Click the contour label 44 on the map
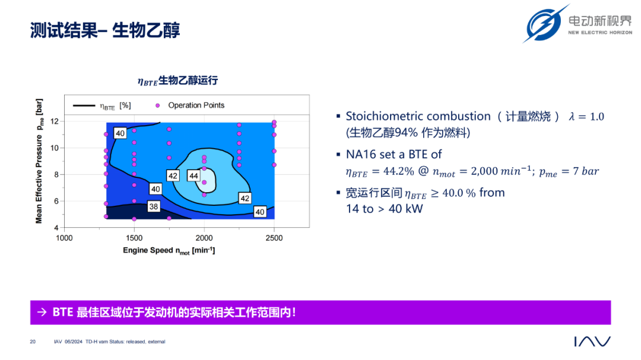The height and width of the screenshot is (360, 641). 193,176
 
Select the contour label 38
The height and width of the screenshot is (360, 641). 154,206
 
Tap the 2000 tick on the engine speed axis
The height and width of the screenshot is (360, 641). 204,238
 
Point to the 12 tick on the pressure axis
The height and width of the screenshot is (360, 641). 55,122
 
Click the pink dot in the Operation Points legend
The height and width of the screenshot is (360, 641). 157,106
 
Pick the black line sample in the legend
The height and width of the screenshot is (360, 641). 84,106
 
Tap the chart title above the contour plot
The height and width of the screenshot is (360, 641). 178,81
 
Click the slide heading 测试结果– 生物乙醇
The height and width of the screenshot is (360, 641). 105,30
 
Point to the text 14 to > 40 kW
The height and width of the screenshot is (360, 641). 384,209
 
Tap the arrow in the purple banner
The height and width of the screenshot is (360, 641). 42,312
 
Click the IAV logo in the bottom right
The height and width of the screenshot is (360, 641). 592,341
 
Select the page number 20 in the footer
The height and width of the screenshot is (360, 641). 33,342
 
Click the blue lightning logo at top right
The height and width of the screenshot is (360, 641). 545,23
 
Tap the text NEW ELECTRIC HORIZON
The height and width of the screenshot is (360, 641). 600,32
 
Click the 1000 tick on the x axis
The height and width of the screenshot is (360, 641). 64,238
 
